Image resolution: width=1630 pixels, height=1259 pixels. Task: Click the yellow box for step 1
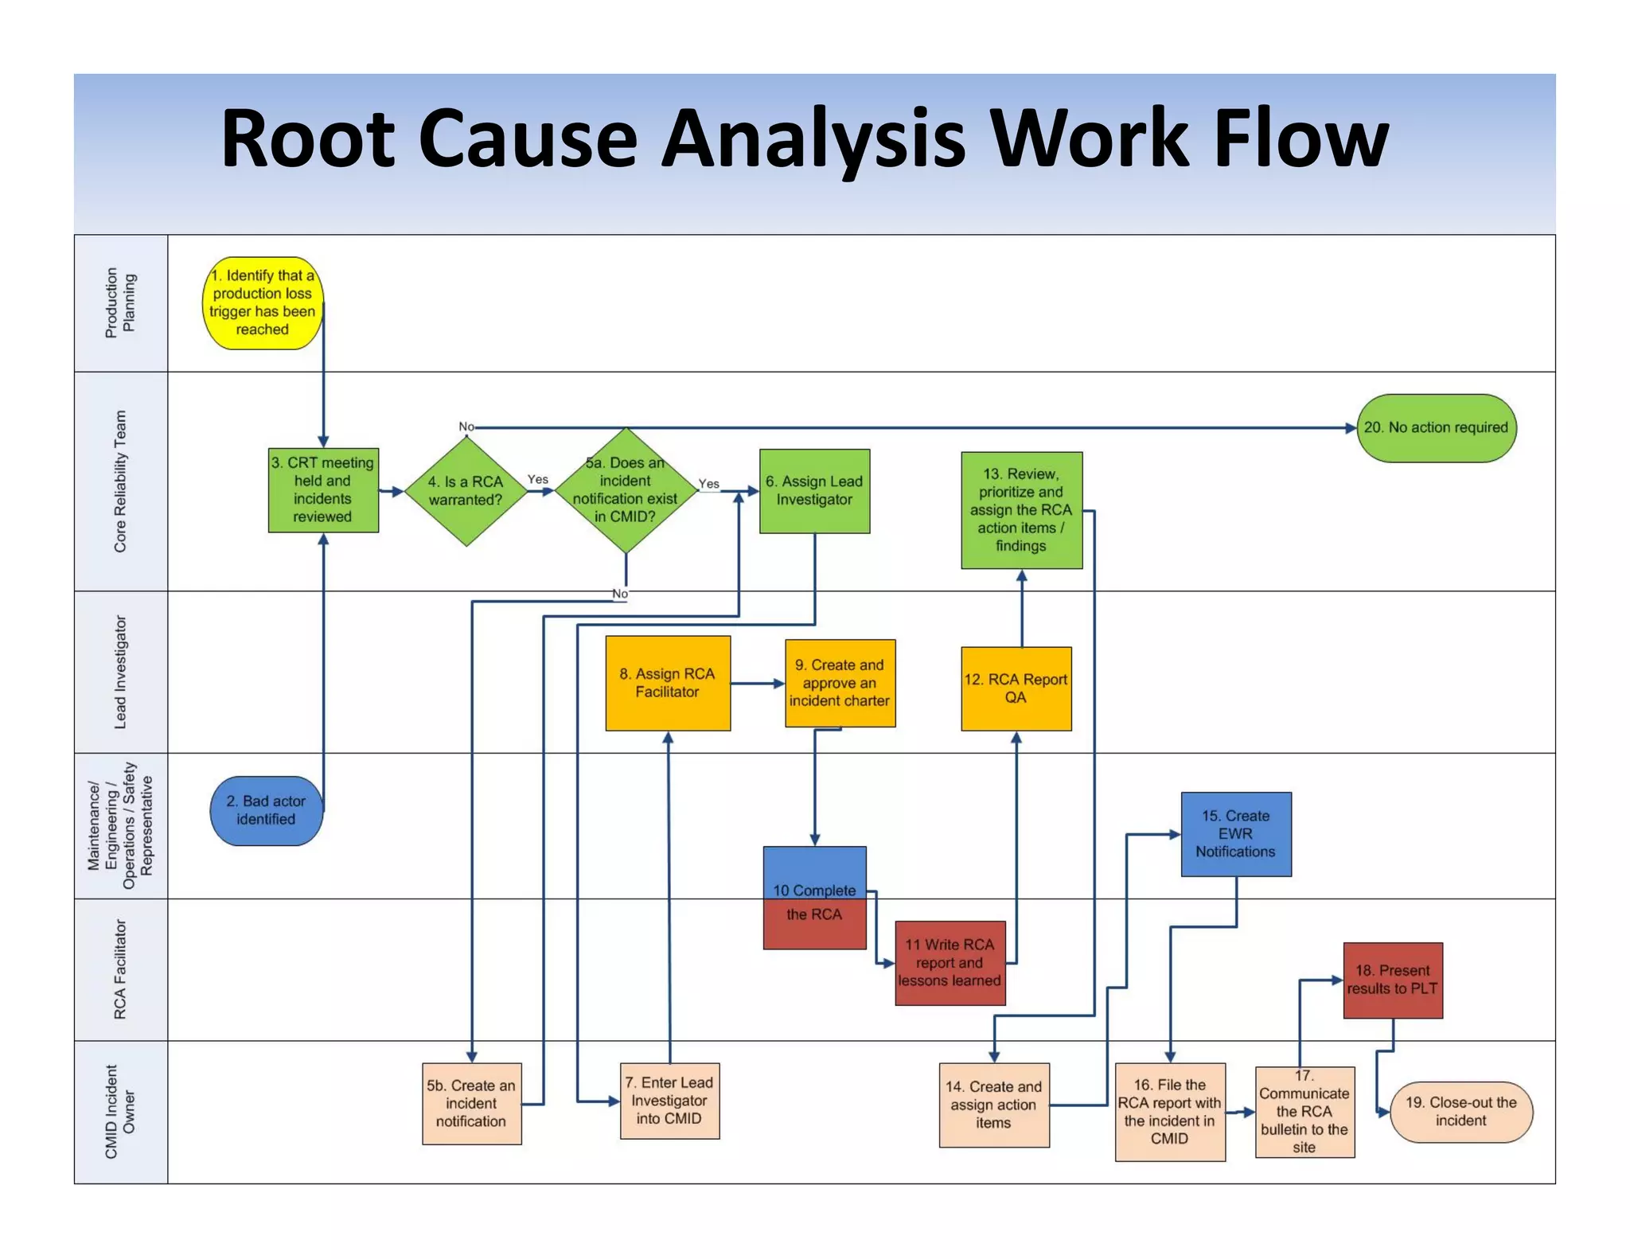tap(263, 303)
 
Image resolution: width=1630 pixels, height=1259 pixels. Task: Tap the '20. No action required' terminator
tap(1436, 428)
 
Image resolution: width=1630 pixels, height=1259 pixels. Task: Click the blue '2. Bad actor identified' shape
tap(266, 810)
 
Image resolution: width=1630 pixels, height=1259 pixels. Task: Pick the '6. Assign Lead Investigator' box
tap(814, 491)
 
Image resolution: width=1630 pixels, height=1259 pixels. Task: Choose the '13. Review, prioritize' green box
tap(1021, 510)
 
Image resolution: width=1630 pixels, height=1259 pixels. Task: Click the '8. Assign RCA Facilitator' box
tap(667, 683)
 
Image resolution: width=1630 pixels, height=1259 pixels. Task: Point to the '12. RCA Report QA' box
tap(1016, 688)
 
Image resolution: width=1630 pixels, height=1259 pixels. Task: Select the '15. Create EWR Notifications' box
tap(1235, 834)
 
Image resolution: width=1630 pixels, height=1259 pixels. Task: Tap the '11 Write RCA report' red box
tap(950, 963)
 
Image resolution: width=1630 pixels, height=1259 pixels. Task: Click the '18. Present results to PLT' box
tap(1392, 980)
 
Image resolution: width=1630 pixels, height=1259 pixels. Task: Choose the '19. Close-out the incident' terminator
tap(1460, 1112)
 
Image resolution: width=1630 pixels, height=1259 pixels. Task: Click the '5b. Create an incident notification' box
tap(471, 1104)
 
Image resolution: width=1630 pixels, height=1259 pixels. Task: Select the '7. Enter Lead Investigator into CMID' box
tap(669, 1101)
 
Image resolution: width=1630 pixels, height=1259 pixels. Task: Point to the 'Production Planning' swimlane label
tap(121, 303)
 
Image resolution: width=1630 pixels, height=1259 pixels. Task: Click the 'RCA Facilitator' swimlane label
tap(121, 969)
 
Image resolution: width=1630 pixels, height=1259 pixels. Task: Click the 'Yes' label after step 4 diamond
tap(538, 479)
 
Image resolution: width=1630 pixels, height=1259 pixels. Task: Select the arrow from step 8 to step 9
tap(757, 683)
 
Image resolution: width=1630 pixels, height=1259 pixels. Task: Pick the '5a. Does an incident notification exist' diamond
tap(626, 490)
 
